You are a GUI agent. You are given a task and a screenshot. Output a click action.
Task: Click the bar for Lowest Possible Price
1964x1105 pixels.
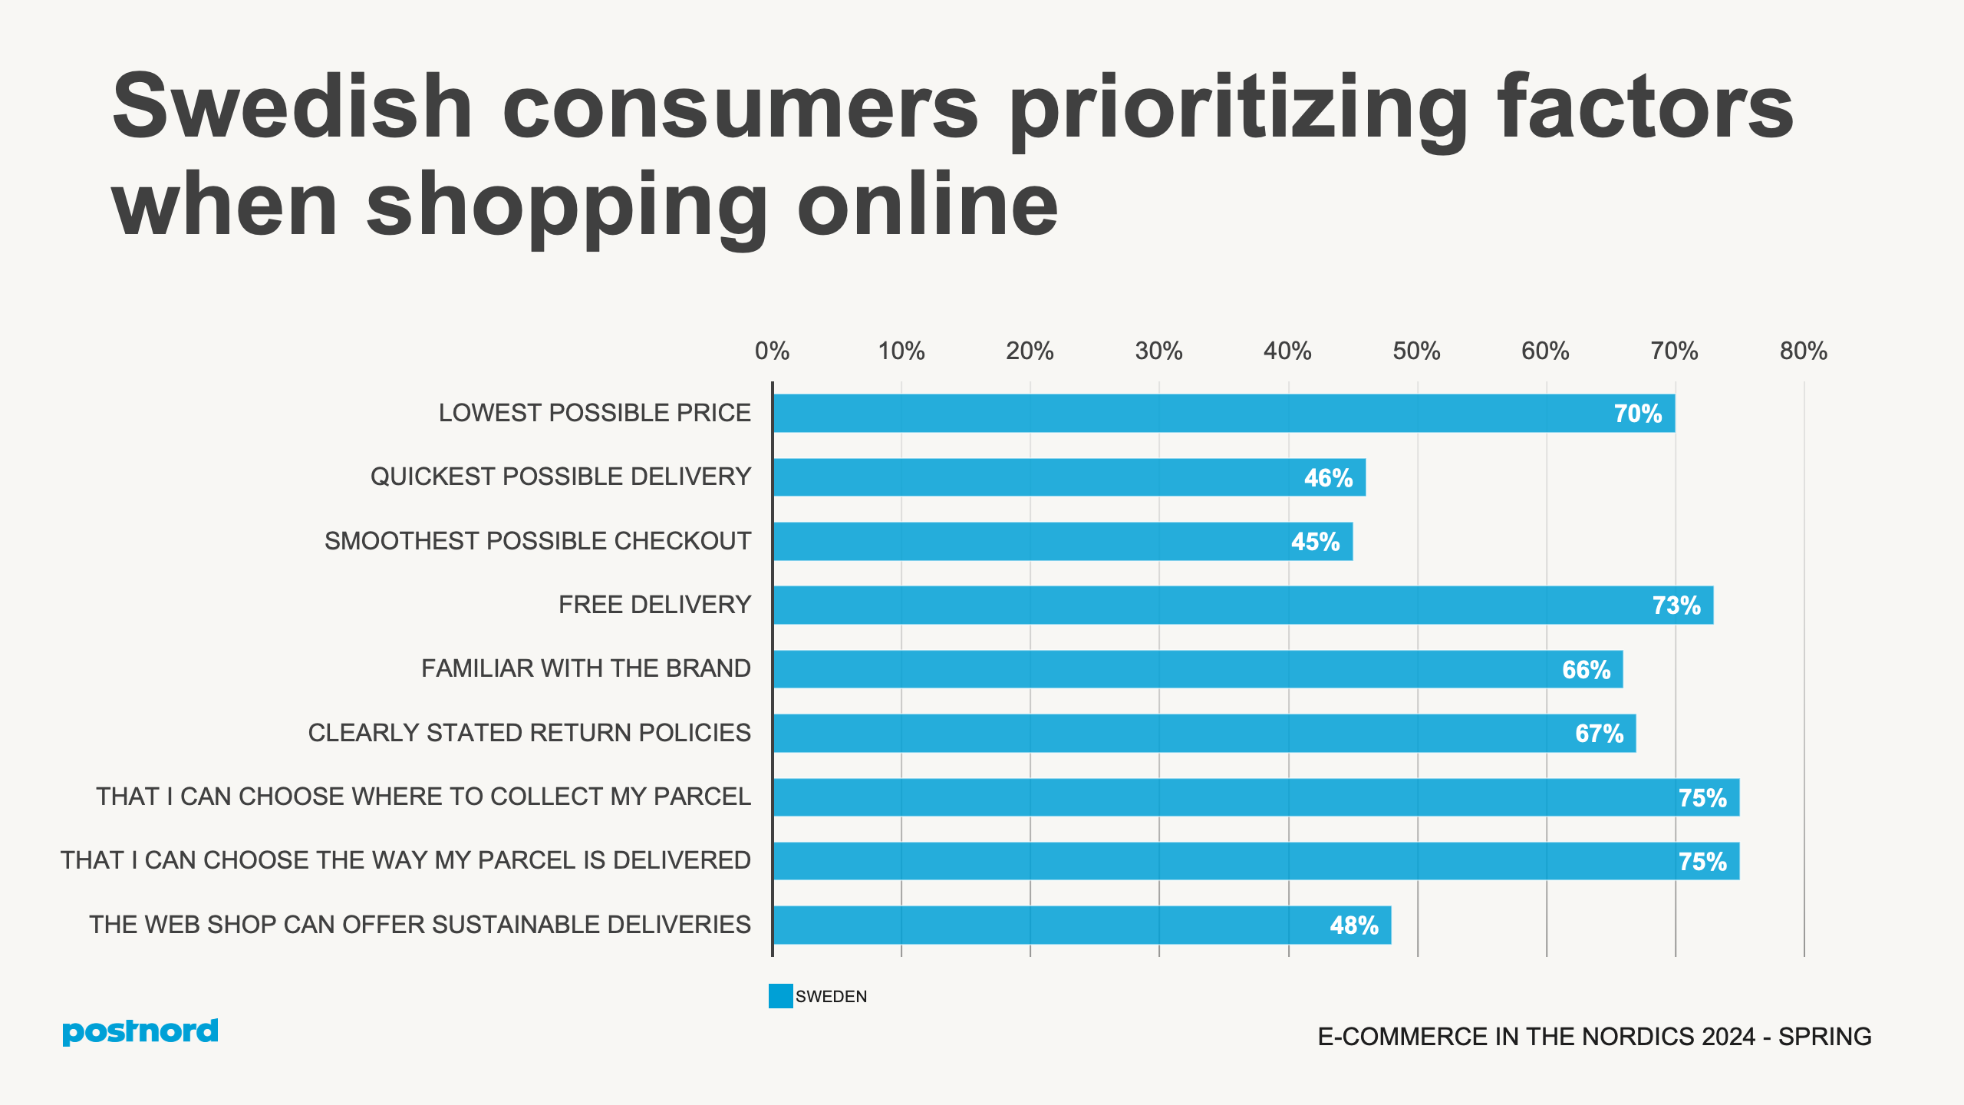coord(1224,414)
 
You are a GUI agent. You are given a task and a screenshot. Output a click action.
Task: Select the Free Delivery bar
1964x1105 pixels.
coord(1243,605)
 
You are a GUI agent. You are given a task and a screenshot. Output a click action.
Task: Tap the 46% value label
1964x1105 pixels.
coord(1328,478)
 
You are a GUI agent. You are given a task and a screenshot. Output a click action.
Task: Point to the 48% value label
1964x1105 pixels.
coord(1354,925)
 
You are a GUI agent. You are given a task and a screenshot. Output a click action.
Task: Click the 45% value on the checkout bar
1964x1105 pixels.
coord(1315,542)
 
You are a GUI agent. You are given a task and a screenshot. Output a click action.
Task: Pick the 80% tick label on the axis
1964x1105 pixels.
coord(1804,351)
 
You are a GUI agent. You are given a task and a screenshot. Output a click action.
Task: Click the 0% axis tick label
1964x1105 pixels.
coord(772,351)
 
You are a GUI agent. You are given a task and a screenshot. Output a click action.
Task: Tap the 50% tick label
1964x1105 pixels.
coord(1416,351)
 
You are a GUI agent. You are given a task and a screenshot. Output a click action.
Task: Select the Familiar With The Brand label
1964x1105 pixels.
coord(585,668)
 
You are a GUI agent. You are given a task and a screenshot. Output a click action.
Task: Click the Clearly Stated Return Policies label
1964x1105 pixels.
coord(529,733)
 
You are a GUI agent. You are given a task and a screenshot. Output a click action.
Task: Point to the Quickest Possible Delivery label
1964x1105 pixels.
coord(560,477)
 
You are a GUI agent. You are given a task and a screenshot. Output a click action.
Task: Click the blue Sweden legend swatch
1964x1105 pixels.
coord(780,996)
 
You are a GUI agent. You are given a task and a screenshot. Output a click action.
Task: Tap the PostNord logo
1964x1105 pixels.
coord(140,1032)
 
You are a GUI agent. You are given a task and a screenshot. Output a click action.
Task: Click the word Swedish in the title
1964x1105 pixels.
coord(292,107)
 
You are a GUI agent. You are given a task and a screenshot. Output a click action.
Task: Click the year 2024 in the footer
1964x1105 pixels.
coord(1728,1037)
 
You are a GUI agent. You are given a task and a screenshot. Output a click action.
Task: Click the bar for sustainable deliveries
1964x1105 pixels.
coord(1082,925)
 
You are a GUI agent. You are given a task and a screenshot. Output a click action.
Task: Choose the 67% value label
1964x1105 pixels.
coord(1599,734)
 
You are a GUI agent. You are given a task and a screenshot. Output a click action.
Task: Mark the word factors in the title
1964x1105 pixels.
coord(1645,107)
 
